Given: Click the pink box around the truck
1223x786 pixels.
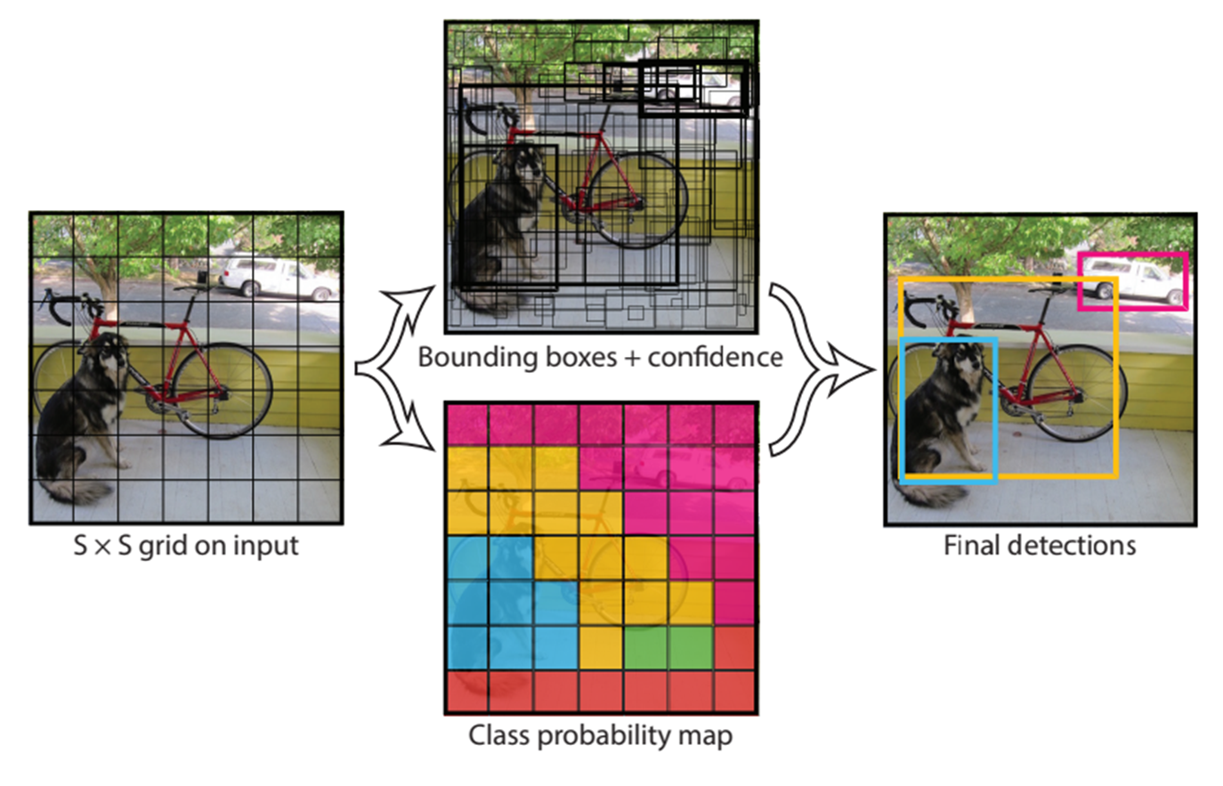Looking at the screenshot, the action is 1079,281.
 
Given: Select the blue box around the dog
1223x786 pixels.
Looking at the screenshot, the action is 902,409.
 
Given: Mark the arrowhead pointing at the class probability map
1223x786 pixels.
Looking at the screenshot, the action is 413,430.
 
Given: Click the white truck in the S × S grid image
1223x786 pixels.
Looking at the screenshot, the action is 279,278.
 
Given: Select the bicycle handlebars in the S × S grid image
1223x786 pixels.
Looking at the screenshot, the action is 67,305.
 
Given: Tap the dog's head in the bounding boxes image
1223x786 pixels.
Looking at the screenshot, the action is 521,163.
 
